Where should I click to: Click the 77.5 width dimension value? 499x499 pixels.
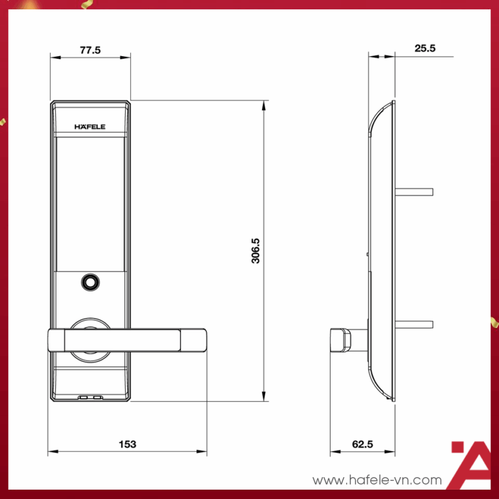(90, 51)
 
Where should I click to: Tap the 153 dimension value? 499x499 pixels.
(127, 444)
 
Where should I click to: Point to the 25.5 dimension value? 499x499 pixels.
(424, 49)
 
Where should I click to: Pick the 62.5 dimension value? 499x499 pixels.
(362, 444)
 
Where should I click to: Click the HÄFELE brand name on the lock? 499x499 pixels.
(90, 127)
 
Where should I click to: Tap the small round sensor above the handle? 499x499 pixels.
(90, 283)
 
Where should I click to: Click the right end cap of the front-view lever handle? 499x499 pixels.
(194, 339)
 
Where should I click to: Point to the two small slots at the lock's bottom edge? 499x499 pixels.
(90, 397)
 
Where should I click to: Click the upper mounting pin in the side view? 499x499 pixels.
(414, 189)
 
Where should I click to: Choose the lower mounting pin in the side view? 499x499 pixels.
(414, 324)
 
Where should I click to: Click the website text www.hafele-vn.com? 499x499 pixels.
(377, 480)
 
